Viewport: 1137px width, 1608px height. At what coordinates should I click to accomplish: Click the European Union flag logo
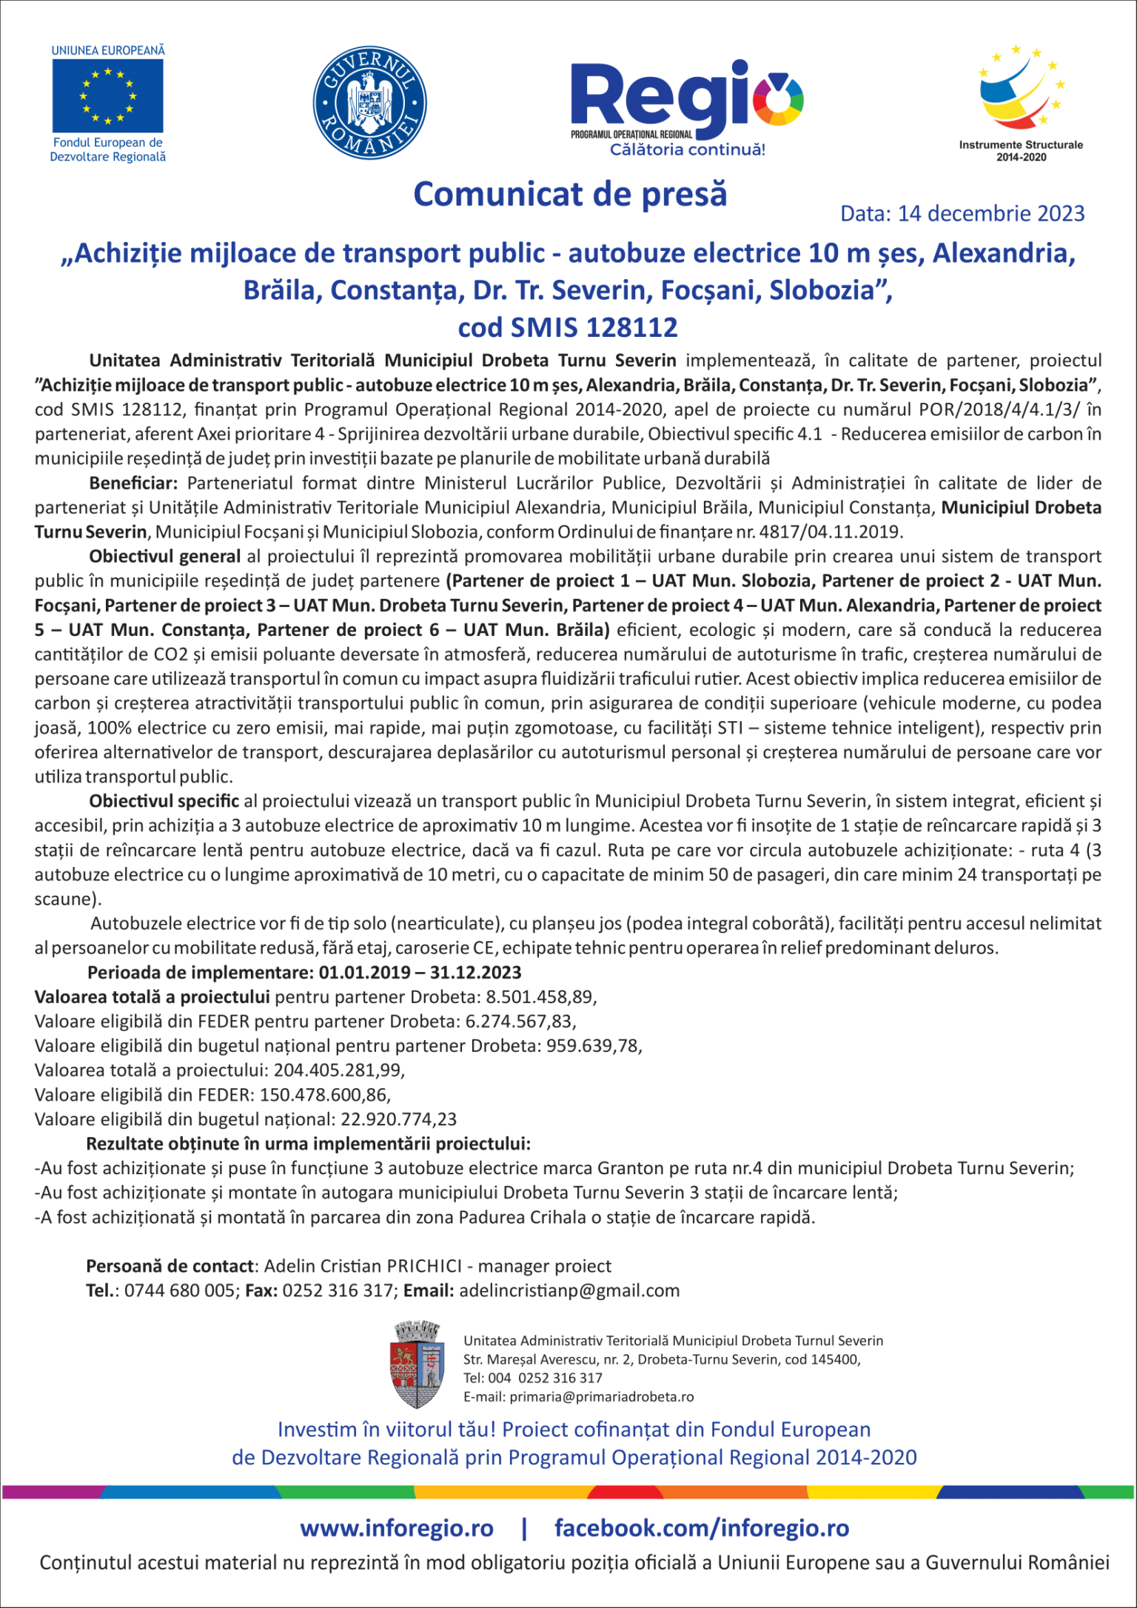(108, 96)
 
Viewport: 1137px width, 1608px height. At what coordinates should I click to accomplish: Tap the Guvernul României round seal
(369, 101)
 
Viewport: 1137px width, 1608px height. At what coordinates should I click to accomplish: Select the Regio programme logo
(686, 107)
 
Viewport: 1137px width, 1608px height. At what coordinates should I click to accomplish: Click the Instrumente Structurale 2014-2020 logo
(1021, 100)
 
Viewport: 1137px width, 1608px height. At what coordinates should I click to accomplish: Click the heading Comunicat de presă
(570, 194)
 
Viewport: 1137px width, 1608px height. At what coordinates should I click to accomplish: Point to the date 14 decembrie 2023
(991, 213)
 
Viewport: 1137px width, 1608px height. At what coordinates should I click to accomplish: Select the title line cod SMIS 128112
(568, 327)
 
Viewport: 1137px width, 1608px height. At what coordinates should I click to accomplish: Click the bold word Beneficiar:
(133, 483)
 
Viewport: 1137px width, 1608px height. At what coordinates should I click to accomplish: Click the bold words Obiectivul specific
(164, 801)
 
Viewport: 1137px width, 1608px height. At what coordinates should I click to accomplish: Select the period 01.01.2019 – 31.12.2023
(420, 972)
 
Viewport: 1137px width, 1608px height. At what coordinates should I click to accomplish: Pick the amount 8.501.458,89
(540, 996)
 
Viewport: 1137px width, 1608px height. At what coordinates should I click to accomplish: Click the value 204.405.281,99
(338, 1070)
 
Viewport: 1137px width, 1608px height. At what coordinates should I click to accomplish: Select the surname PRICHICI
(424, 1266)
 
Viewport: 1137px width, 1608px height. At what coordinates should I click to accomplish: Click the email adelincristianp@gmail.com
(569, 1290)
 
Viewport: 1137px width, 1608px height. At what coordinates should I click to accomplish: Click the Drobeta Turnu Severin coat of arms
(417, 1364)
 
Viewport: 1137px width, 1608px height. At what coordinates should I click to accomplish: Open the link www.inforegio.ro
(396, 1527)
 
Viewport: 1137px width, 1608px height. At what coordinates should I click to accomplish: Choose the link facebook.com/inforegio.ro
(702, 1527)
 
